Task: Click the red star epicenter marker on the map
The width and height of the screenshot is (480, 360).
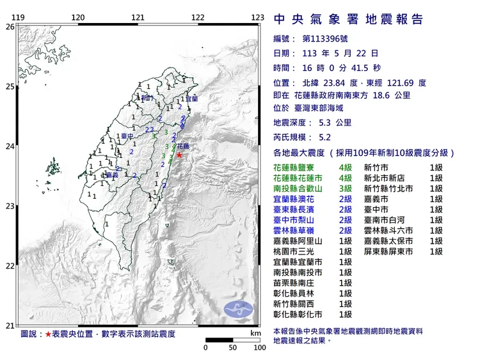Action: click(179, 155)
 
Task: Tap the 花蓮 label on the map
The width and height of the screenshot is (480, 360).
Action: click(182, 146)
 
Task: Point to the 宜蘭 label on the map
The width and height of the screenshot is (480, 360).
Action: click(192, 99)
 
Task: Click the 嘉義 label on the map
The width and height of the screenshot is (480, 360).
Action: click(112, 175)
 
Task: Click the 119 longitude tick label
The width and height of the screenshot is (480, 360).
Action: click(18, 17)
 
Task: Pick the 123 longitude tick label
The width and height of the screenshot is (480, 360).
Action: click(257, 17)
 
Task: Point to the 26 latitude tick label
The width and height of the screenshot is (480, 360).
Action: click(9, 27)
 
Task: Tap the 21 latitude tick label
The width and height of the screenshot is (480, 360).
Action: click(9, 325)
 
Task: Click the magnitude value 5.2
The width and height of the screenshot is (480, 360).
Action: click(326, 137)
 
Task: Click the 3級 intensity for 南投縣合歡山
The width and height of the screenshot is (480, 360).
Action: click(346, 189)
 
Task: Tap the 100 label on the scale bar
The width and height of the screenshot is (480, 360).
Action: click(260, 348)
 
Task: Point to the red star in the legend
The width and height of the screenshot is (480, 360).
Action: click(48, 334)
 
